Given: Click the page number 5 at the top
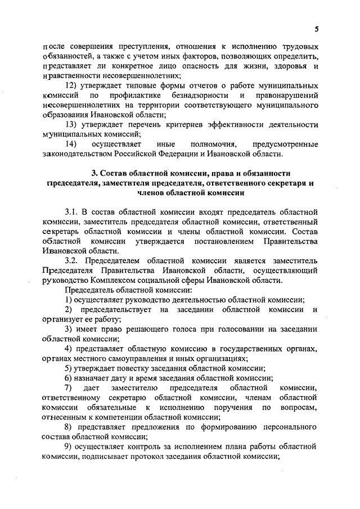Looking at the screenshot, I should pos(317,29).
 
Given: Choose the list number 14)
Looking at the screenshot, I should pos(71,144).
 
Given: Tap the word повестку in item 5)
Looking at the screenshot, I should pos(141,368).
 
